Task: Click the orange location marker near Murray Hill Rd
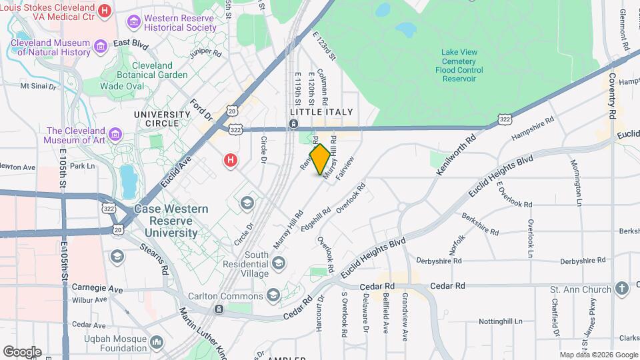(321, 159)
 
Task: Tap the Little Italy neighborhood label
(321, 113)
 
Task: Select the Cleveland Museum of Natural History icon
(101, 46)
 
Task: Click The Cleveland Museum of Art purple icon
(116, 135)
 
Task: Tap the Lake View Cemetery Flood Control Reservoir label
(459, 65)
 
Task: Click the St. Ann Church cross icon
(621, 289)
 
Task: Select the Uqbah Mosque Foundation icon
(157, 342)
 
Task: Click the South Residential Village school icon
(279, 264)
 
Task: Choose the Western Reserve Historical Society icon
(134, 22)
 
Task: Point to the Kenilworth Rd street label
(457, 153)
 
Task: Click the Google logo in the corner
(22, 351)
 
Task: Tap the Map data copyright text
(598, 355)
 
